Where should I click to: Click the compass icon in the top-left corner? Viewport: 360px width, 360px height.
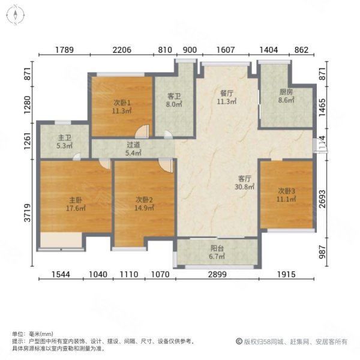click(x=15, y=15)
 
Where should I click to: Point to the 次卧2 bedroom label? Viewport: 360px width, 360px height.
click(x=143, y=200)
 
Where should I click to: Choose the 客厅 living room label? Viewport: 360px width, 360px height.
click(x=245, y=178)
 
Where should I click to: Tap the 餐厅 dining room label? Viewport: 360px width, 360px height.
click(x=227, y=94)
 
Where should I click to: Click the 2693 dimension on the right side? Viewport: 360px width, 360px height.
click(x=323, y=197)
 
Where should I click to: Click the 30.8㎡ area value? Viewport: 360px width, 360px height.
click(x=245, y=187)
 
